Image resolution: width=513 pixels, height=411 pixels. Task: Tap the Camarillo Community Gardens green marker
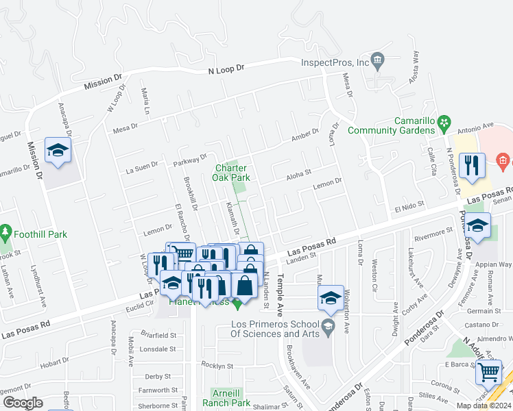pos(444,124)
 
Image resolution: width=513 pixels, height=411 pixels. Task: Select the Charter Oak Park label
pos(232,173)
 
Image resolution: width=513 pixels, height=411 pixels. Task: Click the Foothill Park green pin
pos(7,233)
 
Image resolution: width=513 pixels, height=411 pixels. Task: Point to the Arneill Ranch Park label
pos(230,398)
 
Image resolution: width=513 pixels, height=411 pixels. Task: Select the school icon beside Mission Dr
pos(58,150)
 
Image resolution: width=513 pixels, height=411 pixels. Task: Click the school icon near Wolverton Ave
pos(331,297)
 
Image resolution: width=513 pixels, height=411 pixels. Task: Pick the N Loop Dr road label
pos(226,70)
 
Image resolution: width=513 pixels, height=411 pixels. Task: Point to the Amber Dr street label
pos(305,134)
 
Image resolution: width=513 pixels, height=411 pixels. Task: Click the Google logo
pos(23,403)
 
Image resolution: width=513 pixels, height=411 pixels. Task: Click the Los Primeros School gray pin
pos(327,324)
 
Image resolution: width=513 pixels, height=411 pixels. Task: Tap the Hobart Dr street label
pos(55,363)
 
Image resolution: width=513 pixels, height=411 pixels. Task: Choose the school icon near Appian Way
pos(478,225)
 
